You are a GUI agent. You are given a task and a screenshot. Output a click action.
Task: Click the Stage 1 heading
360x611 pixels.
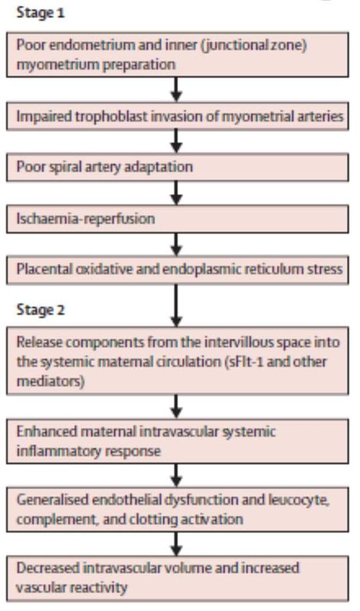click(x=40, y=13)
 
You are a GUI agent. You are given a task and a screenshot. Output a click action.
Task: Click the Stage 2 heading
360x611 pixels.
click(x=40, y=310)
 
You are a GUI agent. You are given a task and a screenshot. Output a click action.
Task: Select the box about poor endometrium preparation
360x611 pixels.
click(x=177, y=55)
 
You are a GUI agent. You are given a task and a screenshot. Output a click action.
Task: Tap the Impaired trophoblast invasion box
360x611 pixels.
click(x=177, y=116)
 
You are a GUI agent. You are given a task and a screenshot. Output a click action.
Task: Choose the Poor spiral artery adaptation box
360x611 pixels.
click(x=177, y=167)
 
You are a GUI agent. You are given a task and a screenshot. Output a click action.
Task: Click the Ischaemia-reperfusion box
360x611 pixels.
click(x=177, y=219)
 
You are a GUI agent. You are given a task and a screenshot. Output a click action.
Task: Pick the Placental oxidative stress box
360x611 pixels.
click(x=177, y=270)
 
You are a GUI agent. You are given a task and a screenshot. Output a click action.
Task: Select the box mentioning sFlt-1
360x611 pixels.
click(x=177, y=361)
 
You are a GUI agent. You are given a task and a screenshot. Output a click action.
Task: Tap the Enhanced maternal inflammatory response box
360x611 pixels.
click(x=177, y=441)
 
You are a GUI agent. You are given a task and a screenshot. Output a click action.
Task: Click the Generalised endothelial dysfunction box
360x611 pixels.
click(x=177, y=510)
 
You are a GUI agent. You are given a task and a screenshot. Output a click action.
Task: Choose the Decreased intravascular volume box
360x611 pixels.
click(x=177, y=578)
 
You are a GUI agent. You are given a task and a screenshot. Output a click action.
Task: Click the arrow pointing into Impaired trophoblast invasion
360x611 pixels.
click(x=177, y=90)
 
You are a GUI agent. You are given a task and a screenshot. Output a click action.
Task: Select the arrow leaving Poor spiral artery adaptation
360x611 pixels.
click(x=177, y=193)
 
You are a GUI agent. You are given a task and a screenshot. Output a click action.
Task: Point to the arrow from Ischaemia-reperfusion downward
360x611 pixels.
click(x=177, y=244)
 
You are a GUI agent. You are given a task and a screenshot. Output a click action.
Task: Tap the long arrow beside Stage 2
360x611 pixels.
click(x=177, y=305)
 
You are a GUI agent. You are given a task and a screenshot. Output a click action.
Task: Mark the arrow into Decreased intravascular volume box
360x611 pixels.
click(x=177, y=544)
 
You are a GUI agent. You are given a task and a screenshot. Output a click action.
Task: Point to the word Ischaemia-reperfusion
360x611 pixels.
click(x=86, y=219)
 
